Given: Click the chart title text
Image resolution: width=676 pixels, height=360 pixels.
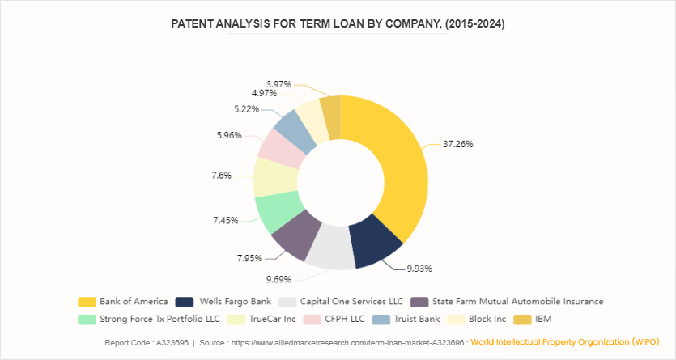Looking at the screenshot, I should [338, 24].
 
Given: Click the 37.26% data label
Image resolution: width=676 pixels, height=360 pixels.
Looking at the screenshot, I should [458, 144].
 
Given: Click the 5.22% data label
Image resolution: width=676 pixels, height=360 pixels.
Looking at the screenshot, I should [246, 108].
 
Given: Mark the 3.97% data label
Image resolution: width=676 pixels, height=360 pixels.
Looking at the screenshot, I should [278, 84].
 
